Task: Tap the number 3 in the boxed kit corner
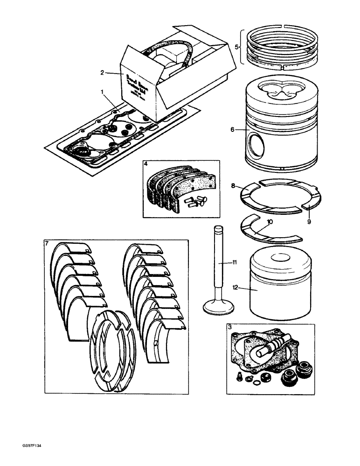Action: point(230,328)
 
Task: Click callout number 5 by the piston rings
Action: point(236,47)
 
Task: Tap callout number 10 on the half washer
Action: point(269,222)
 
